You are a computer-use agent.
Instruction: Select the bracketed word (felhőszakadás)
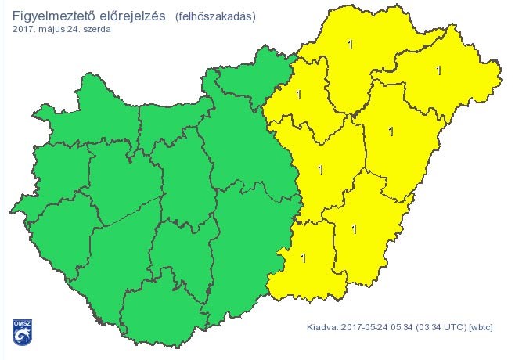216,16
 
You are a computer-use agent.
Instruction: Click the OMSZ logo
20,331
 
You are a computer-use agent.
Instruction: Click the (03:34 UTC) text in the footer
441,328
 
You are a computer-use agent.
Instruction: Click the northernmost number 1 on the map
350,45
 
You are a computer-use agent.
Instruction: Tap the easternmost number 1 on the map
439,70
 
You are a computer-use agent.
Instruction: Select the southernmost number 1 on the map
304,257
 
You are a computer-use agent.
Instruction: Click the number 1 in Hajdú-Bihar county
391,131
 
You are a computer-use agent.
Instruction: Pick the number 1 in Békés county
355,229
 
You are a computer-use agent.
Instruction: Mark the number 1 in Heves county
298,95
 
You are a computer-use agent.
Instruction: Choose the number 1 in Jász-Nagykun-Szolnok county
320,168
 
